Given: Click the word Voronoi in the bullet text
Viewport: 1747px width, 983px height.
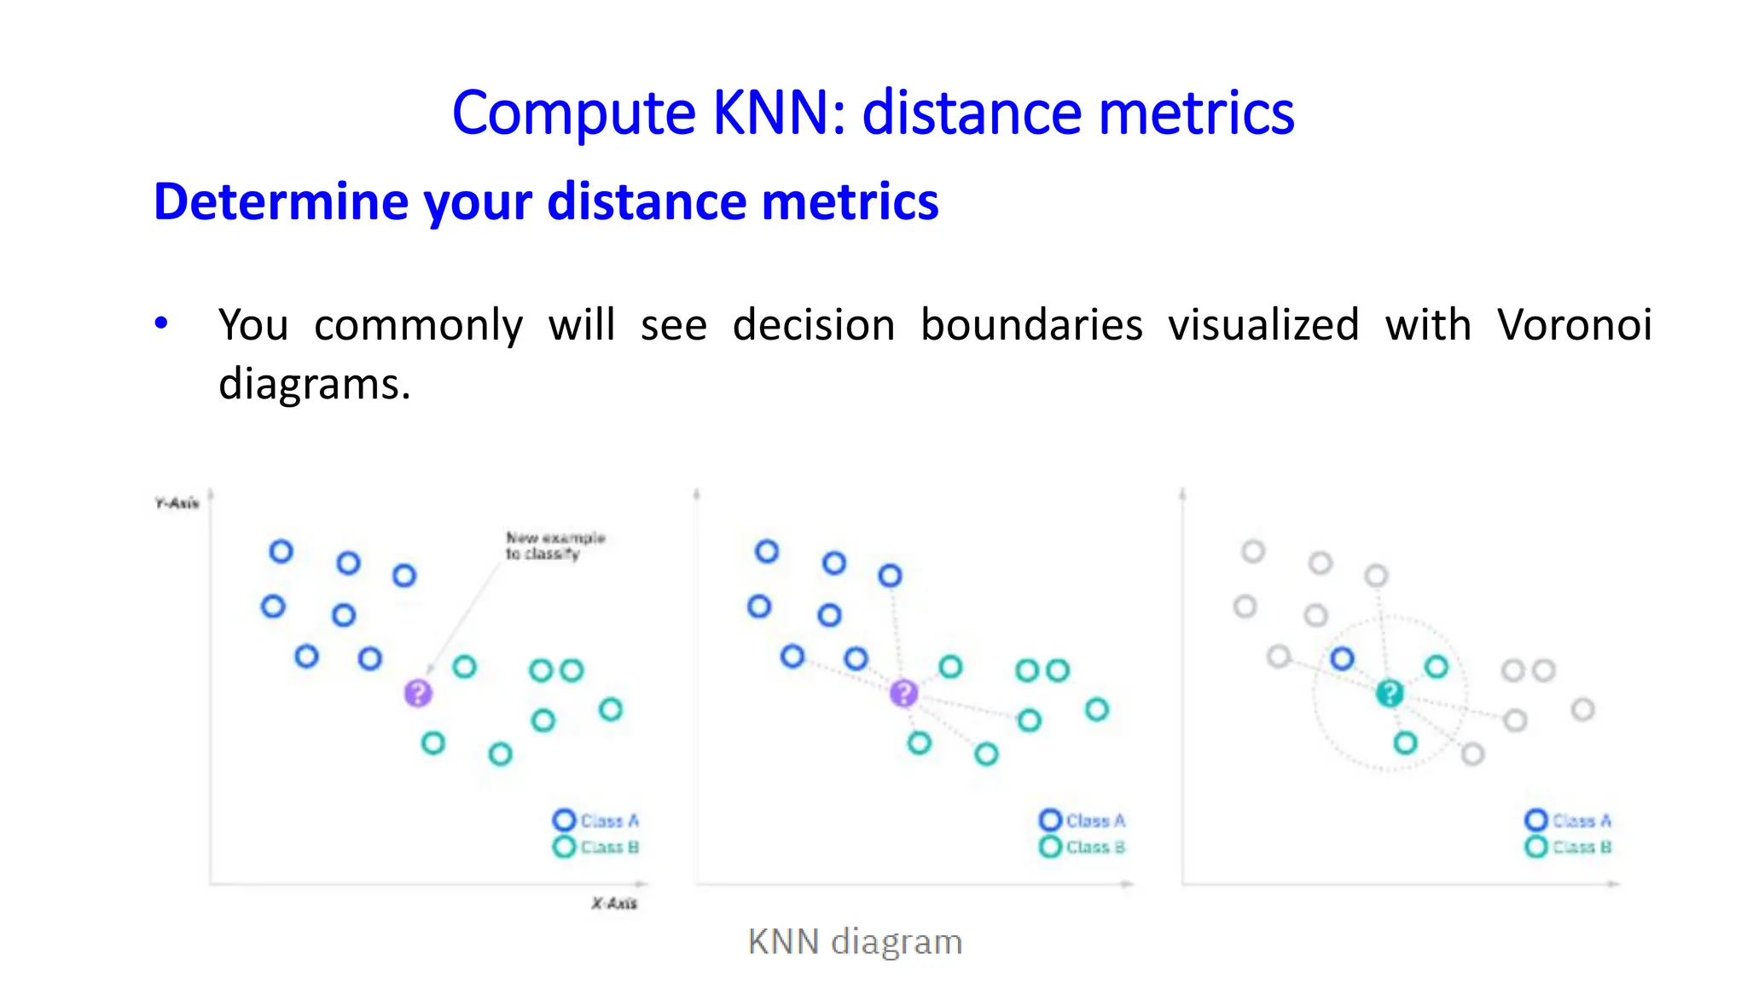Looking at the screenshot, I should pos(1574,325).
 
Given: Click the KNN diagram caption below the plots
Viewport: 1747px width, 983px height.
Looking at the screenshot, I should pos(855,942).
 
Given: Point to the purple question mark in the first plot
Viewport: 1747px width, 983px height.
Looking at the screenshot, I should pos(418,693).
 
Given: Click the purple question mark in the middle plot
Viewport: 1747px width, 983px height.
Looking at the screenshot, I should pos(903,693).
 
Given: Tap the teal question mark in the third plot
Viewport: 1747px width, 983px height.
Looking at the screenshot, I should pos(1390,693).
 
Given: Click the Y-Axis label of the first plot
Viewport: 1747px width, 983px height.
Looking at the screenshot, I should pos(177,503).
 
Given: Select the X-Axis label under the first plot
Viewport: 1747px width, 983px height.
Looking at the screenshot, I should pos(614,903).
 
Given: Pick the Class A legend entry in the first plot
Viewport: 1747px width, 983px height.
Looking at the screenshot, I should pos(596,820).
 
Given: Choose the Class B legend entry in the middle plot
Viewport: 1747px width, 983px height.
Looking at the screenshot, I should pos(1082,846).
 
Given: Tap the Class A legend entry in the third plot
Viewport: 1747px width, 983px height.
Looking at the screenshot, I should pos(1568,820).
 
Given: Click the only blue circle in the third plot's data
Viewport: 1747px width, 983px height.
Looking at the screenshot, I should pos(1343,658).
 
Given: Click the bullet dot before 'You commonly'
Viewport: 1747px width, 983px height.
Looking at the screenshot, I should pos(161,323).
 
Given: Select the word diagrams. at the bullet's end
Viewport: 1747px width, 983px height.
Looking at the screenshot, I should pos(315,384).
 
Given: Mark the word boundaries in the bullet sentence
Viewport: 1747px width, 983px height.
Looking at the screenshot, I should pos(1031,325).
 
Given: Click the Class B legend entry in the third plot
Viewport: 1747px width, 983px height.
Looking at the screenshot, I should pos(1568,846).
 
